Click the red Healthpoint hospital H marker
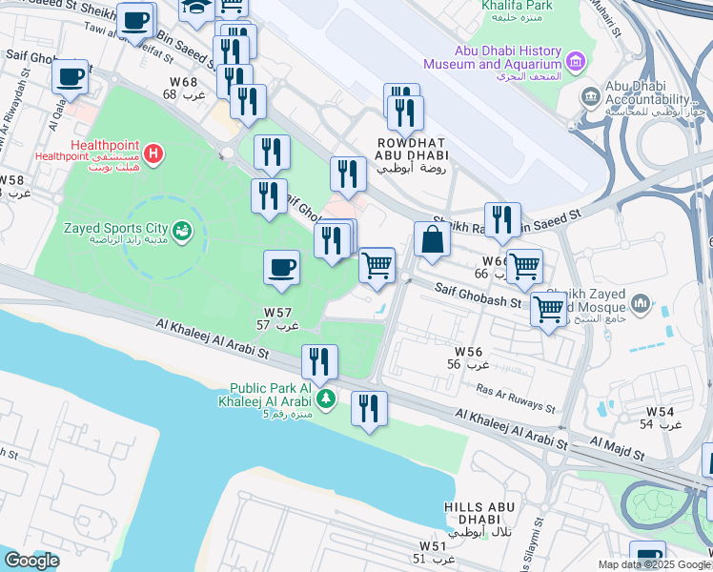(x=153, y=153)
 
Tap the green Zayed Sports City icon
(x=182, y=230)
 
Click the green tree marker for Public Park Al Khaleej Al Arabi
(x=326, y=397)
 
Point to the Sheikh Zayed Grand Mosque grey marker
(x=640, y=304)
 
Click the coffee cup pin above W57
(x=281, y=268)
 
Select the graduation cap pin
(x=197, y=8)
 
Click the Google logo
(x=31, y=560)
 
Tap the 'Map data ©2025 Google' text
(x=654, y=564)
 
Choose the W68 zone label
(x=183, y=88)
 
